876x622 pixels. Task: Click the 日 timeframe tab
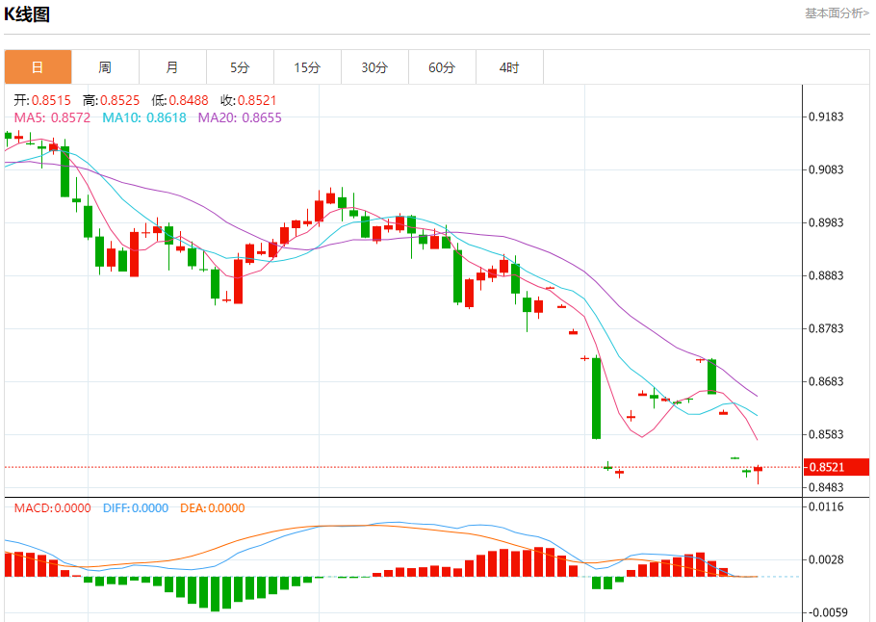coord(38,67)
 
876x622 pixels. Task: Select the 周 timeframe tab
coord(105,67)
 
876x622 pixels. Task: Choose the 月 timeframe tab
coord(172,67)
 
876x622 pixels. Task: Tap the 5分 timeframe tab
coord(240,67)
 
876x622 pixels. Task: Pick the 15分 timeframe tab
coord(307,67)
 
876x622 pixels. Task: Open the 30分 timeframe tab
coord(374,67)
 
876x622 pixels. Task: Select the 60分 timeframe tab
coord(442,67)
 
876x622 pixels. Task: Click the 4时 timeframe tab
coord(509,67)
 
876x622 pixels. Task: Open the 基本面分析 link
coord(837,13)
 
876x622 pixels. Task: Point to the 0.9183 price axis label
coord(826,117)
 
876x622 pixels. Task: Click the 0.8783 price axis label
coord(826,329)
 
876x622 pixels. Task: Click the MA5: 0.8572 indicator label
coord(52,117)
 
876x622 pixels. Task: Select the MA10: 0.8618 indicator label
coord(144,117)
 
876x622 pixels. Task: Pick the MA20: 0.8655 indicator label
coord(240,117)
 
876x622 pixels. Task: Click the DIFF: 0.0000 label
coord(135,508)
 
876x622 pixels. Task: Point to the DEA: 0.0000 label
coord(212,508)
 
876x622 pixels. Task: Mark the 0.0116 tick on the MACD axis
coord(826,506)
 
